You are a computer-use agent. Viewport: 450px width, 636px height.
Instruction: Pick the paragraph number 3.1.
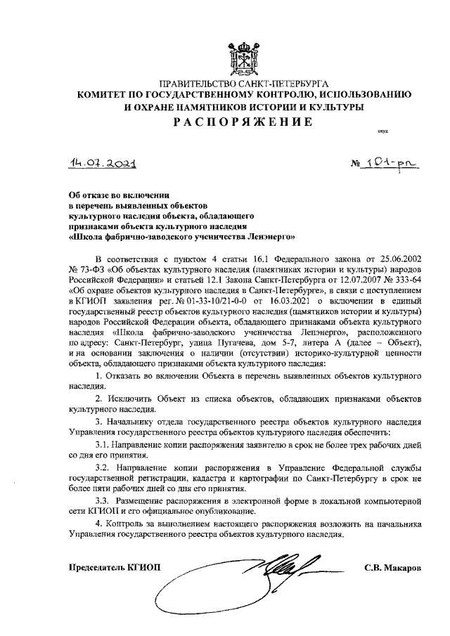click(x=103, y=445)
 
